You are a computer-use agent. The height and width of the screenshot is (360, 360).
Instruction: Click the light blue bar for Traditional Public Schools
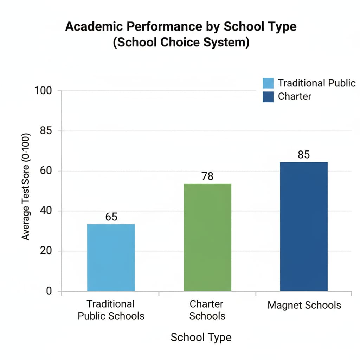point(111,257)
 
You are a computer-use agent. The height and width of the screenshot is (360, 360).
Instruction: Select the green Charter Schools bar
point(207,237)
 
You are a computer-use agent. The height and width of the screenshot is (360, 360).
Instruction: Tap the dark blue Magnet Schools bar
point(304,226)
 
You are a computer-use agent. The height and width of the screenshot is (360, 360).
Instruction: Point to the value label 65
point(111,217)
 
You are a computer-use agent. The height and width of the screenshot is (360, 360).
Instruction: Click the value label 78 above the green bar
point(207,176)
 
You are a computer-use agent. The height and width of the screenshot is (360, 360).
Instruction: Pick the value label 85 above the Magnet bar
point(304,155)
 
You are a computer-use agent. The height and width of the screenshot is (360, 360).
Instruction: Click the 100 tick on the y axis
point(43,91)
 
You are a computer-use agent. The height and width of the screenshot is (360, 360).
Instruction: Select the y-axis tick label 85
point(46,131)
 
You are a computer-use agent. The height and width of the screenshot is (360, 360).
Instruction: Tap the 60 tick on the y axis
point(46,171)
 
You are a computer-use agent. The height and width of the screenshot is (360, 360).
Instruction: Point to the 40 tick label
point(46,211)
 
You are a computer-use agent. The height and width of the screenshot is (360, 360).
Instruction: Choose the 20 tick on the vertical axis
point(46,251)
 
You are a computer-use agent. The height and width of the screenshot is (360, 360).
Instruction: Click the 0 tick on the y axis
point(49,291)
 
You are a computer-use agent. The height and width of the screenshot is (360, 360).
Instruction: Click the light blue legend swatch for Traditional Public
point(268,83)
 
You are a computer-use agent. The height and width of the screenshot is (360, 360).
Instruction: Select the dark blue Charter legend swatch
point(268,97)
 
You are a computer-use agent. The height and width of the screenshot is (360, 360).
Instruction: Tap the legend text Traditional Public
point(317,83)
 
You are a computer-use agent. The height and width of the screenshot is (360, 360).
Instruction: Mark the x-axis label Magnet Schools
point(304,304)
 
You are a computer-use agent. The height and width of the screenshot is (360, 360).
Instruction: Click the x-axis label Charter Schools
point(207,309)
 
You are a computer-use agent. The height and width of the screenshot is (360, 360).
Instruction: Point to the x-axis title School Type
point(201,337)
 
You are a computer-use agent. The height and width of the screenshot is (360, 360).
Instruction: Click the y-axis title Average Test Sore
point(26,187)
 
